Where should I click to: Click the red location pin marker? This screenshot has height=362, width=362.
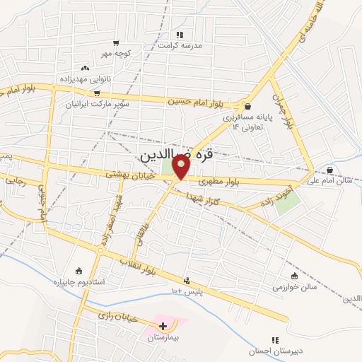(x=181, y=167)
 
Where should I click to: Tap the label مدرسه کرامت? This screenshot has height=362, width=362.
(x=180, y=45)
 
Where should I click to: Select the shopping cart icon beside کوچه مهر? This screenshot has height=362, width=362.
(x=116, y=43)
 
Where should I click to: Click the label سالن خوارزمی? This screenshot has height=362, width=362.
(x=296, y=287)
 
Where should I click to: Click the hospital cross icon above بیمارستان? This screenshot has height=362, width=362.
(x=163, y=326)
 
